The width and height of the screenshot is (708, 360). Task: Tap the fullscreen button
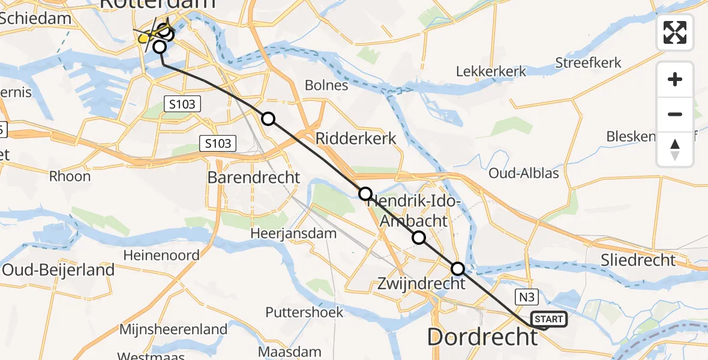click(x=675, y=32)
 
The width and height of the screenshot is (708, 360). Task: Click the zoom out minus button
click(x=675, y=114)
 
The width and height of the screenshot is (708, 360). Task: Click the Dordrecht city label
click(x=482, y=337)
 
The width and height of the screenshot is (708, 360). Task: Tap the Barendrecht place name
click(x=254, y=178)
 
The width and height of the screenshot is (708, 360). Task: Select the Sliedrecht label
click(x=639, y=260)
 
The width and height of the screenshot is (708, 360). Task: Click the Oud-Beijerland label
click(x=58, y=270)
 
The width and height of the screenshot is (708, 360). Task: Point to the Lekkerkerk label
click(x=491, y=71)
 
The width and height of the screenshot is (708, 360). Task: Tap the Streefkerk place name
click(x=588, y=63)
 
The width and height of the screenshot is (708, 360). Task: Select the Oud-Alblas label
click(x=524, y=174)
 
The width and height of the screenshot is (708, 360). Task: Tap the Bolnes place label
click(x=326, y=85)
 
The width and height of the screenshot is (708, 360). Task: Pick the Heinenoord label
click(x=161, y=256)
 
